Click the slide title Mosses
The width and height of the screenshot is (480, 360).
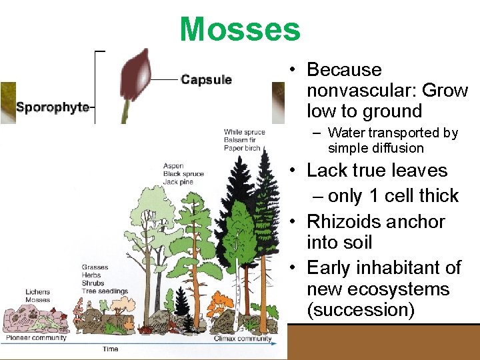(240, 29)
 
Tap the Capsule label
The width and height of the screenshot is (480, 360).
(206, 80)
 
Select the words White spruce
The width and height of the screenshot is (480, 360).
(244, 132)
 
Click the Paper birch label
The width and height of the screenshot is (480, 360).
(242, 148)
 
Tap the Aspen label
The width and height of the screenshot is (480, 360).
(173, 166)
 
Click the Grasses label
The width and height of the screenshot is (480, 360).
(95, 267)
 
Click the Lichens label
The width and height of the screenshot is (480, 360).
(37, 292)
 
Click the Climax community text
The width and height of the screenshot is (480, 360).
(242, 339)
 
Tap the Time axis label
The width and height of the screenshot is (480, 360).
(111, 349)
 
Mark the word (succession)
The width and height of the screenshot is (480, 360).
(357, 310)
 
